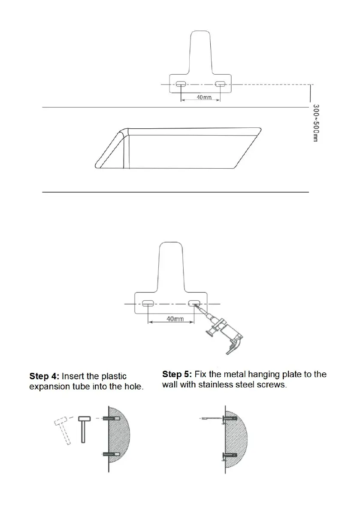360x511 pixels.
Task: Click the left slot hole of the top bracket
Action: (181, 84)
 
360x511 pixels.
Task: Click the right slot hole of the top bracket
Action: (220, 84)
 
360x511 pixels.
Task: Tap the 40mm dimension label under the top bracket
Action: (204, 98)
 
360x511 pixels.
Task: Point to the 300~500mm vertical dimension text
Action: (315, 124)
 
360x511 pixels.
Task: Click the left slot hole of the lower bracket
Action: (148, 304)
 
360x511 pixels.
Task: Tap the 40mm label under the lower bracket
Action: (175, 319)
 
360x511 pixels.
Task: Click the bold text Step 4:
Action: (44, 377)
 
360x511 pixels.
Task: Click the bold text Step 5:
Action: (177, 375)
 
